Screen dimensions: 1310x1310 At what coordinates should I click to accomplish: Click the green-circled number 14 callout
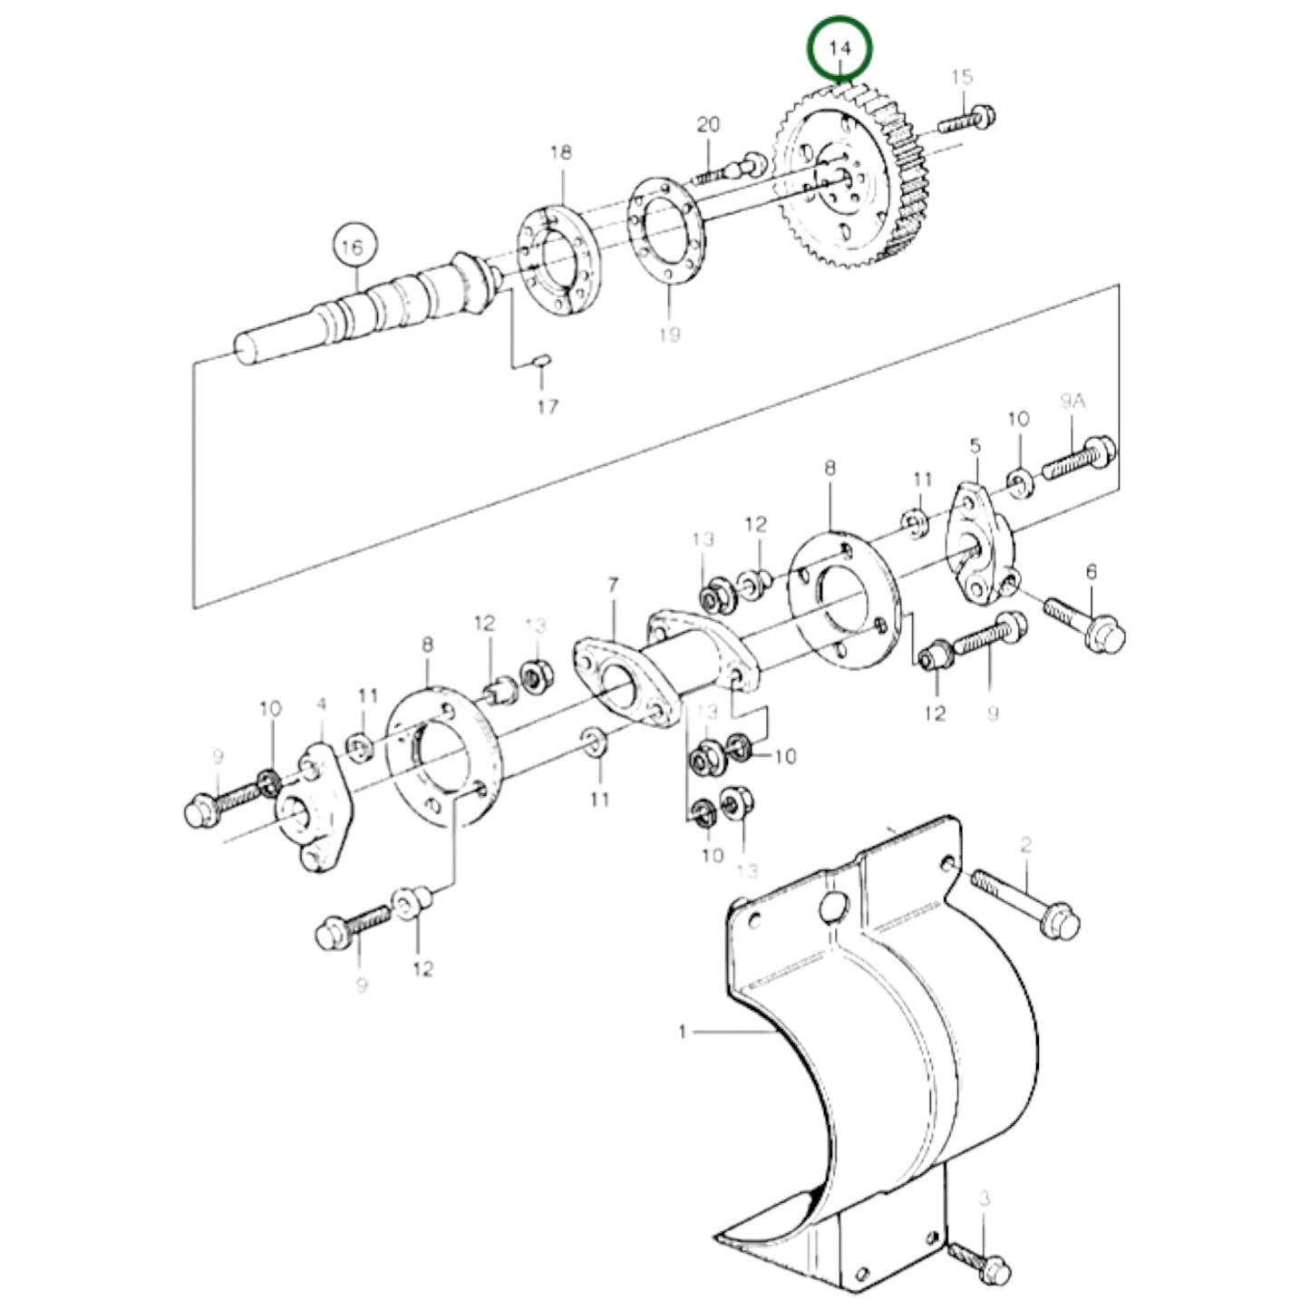(x=839, y=48)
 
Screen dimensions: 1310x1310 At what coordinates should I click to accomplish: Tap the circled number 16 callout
(x=354, y=247)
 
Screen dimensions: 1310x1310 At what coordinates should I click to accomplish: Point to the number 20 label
(x=708, y=124)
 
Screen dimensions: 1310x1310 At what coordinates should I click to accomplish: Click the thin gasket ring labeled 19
(x=666, y=230)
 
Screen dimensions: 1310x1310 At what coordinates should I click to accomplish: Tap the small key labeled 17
(x=541, y=362)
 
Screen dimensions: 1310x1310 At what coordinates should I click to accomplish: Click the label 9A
(x=1072, y=401)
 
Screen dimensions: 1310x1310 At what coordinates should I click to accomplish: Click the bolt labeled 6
(x=1087, y=624)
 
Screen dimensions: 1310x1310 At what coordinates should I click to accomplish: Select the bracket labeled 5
(x=978, y=545)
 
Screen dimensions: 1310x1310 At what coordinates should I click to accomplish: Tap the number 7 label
(x=613, y=585)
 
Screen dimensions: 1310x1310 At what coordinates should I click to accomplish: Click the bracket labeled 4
(x=313, y=806)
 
